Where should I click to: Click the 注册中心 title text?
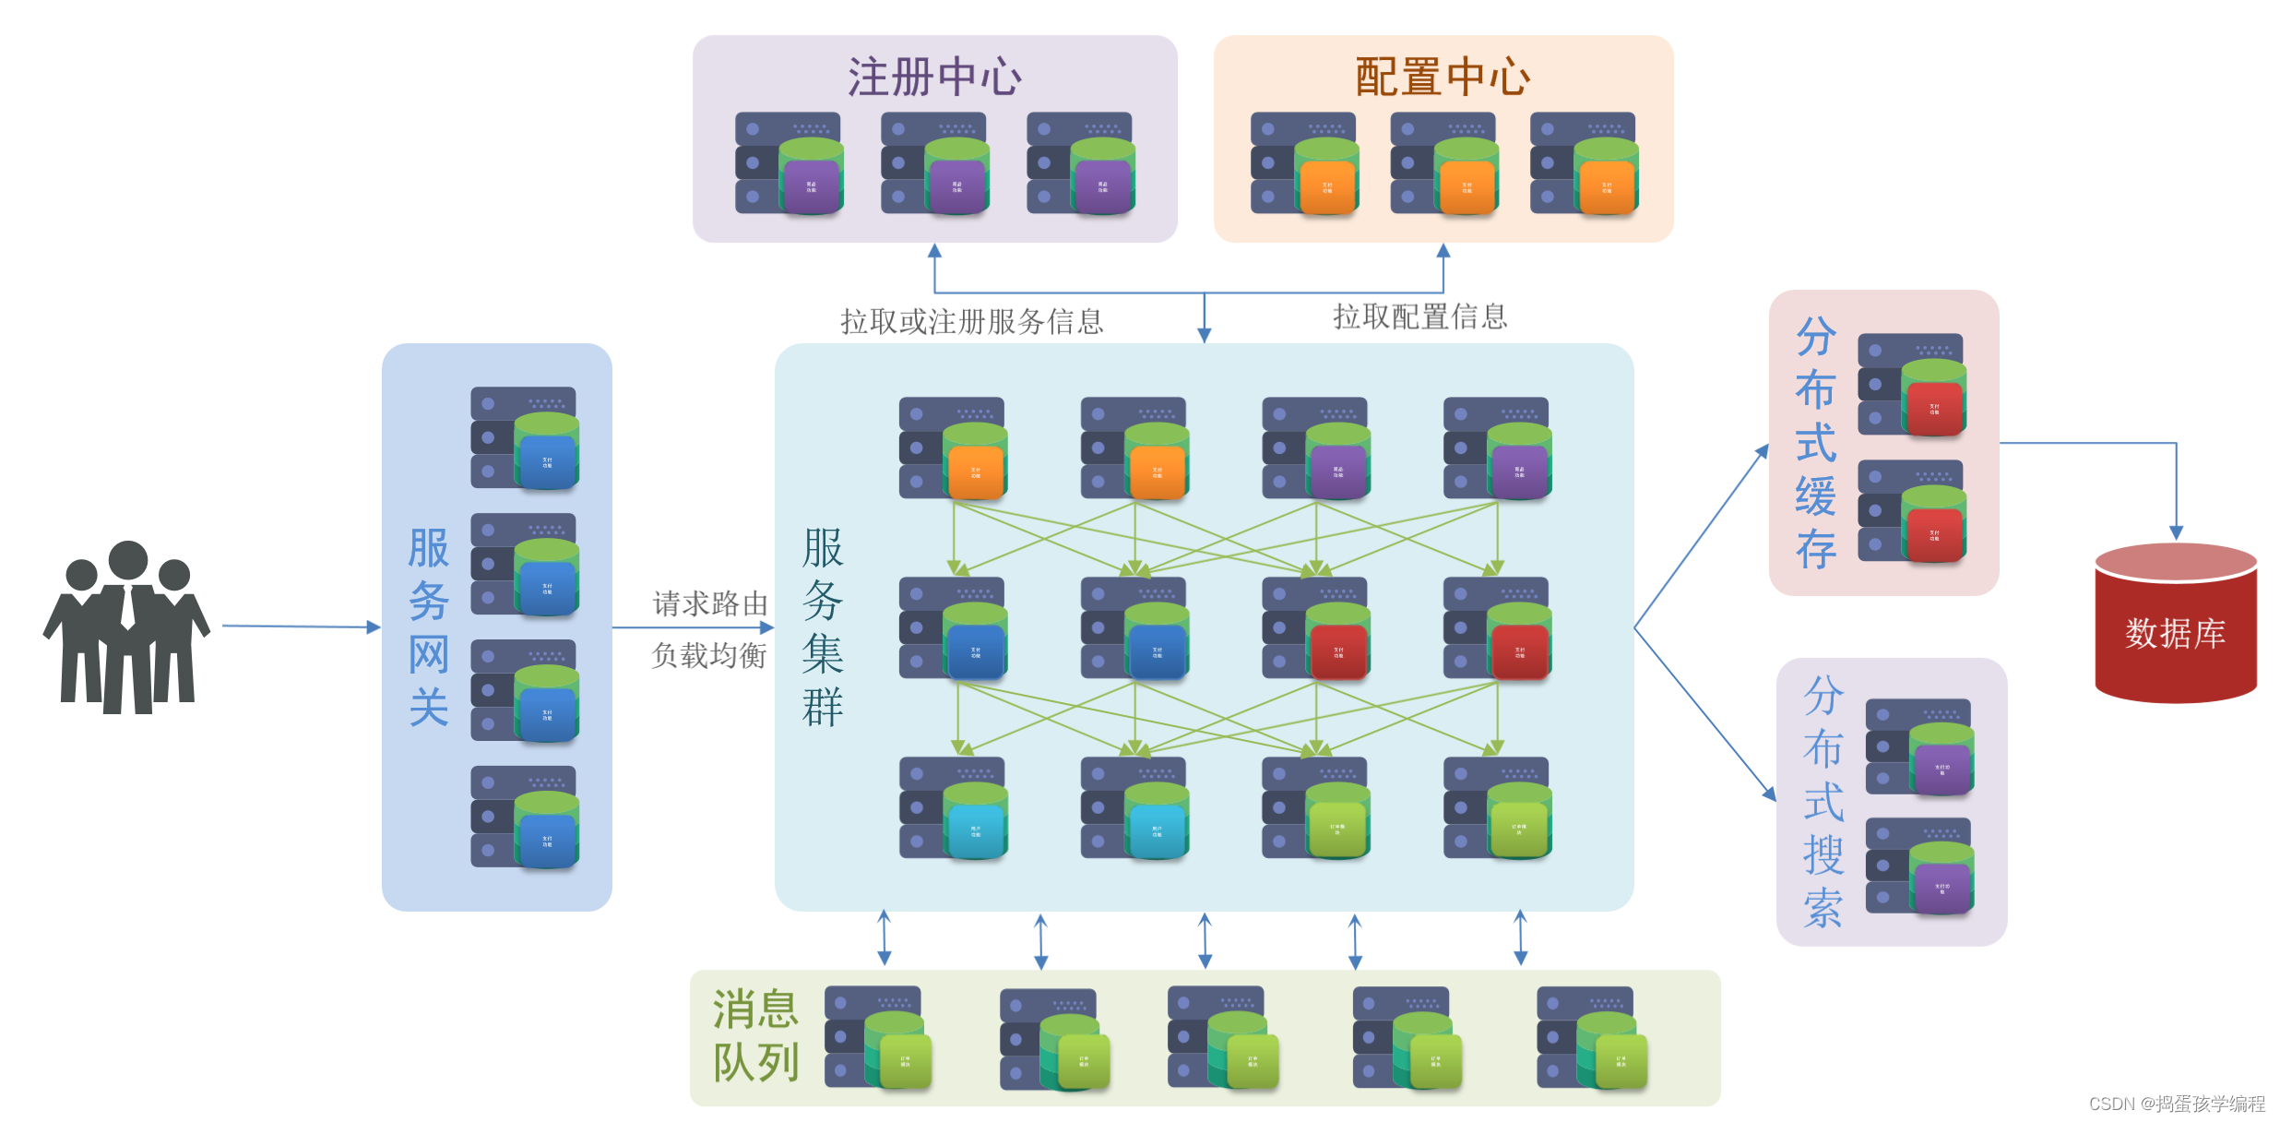pos(934,77)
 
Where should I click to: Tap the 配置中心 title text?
pos(1443,77)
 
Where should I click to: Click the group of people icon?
pos(126,627)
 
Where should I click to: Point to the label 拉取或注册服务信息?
pos(971,321)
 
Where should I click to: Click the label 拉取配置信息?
pos(1419,316)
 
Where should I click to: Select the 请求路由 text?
pos(709,603)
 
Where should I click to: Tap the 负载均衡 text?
pos(709,655)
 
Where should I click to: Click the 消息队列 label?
pos(754,1035)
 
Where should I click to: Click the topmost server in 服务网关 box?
pos(525,437)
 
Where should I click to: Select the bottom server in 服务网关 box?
pos(525,817)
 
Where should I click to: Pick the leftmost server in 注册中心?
pos(789,163)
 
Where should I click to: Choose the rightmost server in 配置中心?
pos(1584,163)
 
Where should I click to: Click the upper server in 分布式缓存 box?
pos(1911,385)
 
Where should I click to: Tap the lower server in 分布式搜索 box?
pos(1919,865)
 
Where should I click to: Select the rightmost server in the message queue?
pos(1591,1038)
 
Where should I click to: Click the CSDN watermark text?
pos(2176,1104)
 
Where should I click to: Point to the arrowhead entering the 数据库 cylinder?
pos(2176,532)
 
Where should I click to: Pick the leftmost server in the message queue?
pos(877,1037)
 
